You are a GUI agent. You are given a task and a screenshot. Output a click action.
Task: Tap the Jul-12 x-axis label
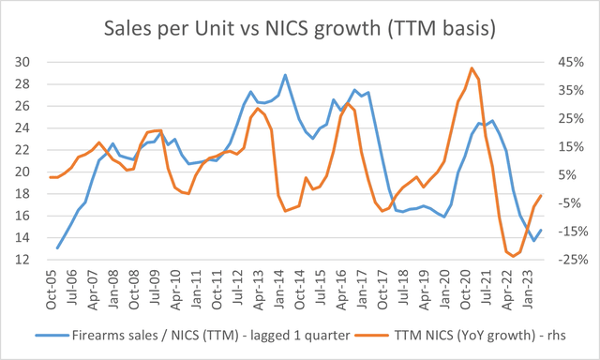click(x=237, y=284)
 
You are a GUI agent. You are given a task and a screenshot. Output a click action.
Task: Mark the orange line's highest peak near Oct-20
click(x=472, y=67)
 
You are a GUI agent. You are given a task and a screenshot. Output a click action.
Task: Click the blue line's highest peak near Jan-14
click(x=284, y=75)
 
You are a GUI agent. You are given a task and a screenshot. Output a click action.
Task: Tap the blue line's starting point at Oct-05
click(x=57, y=248)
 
